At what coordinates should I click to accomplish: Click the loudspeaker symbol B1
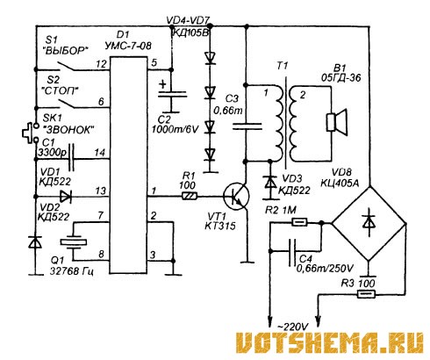[336, 122]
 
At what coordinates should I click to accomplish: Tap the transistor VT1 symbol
[236, 196]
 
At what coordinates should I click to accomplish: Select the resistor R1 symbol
[190, 196]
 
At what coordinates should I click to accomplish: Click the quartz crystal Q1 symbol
[74, 241]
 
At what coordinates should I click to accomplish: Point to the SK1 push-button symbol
[29, 133]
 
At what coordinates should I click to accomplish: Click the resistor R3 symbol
[366, 293]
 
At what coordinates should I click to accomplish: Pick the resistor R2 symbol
[299, 222]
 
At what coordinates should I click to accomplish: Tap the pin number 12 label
[101, 64]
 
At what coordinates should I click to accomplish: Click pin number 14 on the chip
[100, 153]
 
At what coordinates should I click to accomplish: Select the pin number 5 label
[154, 62]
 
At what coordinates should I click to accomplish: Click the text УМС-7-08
[128, 46]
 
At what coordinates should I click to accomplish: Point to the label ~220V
[293, 327]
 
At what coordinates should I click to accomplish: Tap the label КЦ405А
[340, 183]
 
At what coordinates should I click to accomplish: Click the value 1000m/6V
[175, 129]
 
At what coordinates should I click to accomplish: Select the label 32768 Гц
[72, 271]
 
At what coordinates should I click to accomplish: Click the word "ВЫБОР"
[66, 51]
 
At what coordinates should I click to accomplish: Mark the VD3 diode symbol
[269, 183]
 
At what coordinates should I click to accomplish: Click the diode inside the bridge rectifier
[369, 222]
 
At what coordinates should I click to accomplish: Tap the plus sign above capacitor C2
[162, 85]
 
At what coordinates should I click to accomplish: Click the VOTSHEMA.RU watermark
[330, 342]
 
